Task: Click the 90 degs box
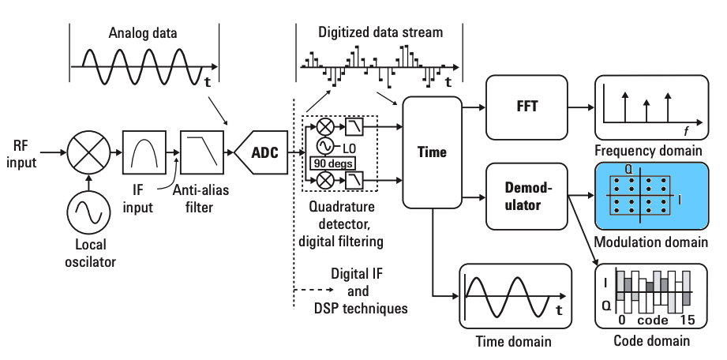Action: tap(331, 163)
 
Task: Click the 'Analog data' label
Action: tap(142, 34)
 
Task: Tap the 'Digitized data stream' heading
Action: tap(380, 33)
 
